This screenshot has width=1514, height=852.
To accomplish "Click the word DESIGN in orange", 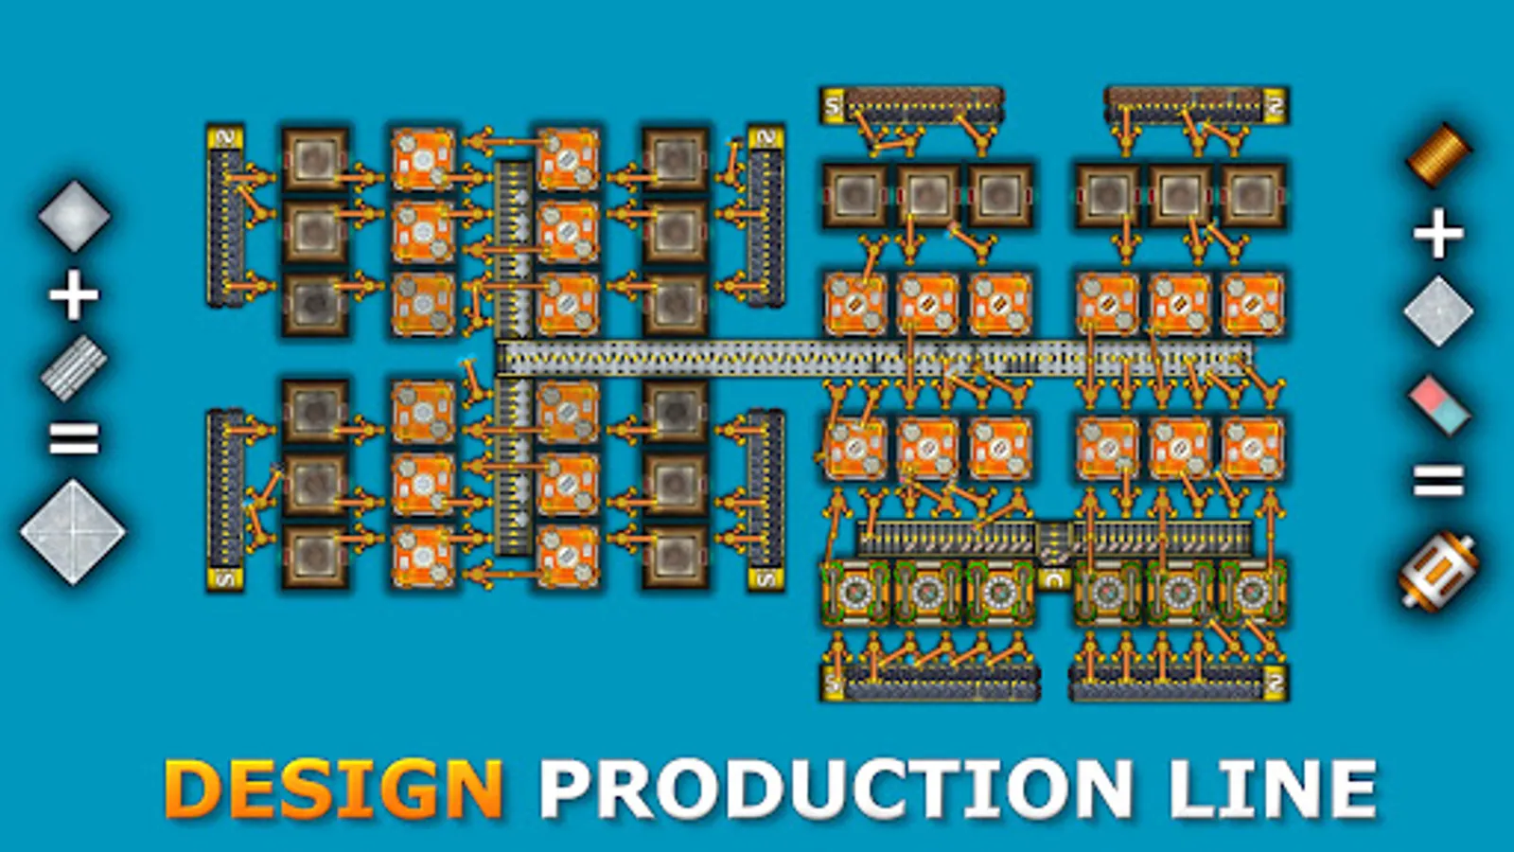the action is (x=333, y=790).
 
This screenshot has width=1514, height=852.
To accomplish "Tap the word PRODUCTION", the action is (x=834, y=790).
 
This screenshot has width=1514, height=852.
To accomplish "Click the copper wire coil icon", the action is (x=1438, y=154).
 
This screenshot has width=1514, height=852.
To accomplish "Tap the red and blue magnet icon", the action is (x=1439, y=404).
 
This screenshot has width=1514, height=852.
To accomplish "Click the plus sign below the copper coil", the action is (x=1438, y=233).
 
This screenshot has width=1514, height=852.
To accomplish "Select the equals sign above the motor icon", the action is (x=1438, y=481).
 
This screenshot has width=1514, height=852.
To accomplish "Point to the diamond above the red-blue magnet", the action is (x=1438, y=311).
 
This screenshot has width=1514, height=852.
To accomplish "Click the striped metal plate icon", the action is (x=74, y=368).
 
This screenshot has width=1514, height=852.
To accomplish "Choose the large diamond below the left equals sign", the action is (x=73, y=532).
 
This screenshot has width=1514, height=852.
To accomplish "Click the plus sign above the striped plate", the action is (x=74, y=294).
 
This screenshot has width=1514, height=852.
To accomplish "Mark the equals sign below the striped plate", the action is (x=74, y=438).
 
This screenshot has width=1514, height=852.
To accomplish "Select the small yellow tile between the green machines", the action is (x=1053, y=578).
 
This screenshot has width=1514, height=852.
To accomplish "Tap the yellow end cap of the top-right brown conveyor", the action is (x=1275, y=105).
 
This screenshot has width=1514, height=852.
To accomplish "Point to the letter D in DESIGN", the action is (x=191, y=790).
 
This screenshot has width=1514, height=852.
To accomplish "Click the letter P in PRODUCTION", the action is (x=565, y=790).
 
